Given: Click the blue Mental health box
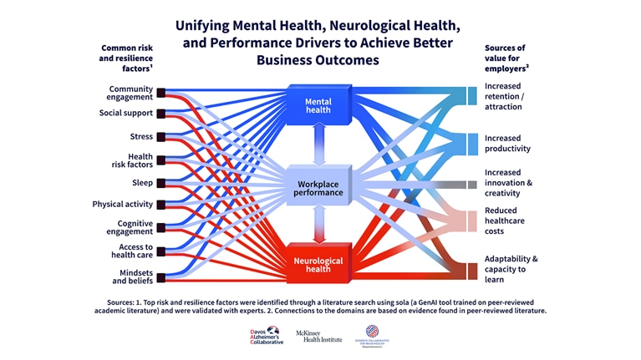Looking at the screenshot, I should [318, 104].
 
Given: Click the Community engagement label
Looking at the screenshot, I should [130, 93].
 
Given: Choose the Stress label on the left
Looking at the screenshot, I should [141, 136].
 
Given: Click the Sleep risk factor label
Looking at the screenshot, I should [142, 182].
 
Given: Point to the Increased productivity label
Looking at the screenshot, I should [507, 144].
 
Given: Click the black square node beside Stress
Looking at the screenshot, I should [161, 137].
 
